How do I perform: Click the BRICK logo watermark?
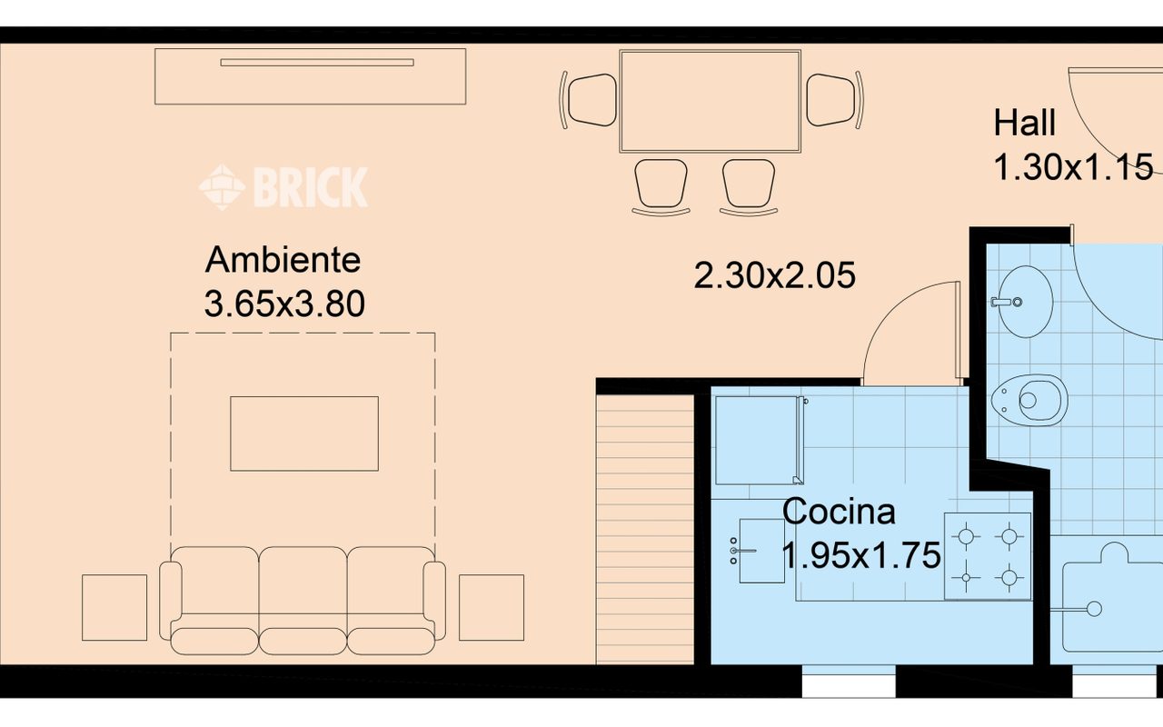click(x=283, y=187)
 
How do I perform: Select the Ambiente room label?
click(x=283, y=260)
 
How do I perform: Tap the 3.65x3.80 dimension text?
click(x=284, y=304)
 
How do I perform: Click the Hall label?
click(x=1024, y=123)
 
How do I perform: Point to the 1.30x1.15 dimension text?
click(x=1073, y=167)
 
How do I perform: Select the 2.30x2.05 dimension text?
click(x=774, y=274)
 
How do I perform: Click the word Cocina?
click(x=839, y=512)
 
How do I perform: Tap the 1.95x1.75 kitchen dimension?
click(x=860, y=554)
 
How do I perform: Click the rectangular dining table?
click(x=710, y=101)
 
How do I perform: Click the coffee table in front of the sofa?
click(x=303, y=433)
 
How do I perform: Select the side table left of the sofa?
click(x=114, y=607)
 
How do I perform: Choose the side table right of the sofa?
click(x=491, y=607)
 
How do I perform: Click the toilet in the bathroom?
click(x=1031, y=399)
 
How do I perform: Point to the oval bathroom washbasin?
click(x=1023, y=300)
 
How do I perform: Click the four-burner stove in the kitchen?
click(x=988, y=556)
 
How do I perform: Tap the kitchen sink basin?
click(x=761, y=550)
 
